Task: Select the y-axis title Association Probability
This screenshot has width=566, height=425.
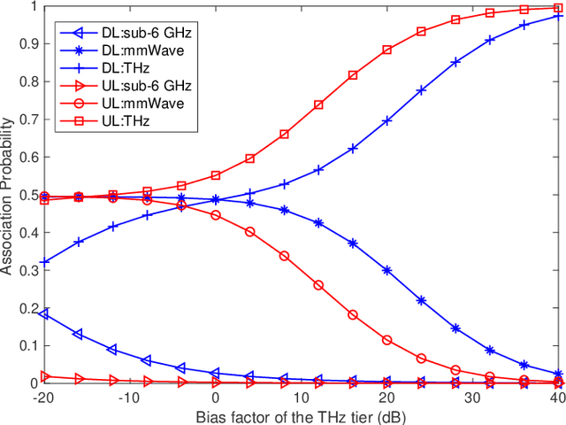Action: (8, 195)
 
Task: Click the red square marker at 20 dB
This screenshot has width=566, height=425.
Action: (387, 50)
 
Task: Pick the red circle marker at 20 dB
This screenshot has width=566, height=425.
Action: (387, 340)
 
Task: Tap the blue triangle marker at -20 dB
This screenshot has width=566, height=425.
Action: (44, 314)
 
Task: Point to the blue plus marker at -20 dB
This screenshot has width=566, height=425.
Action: (44, 262)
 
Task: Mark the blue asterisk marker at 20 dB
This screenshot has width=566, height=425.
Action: (387, 270)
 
